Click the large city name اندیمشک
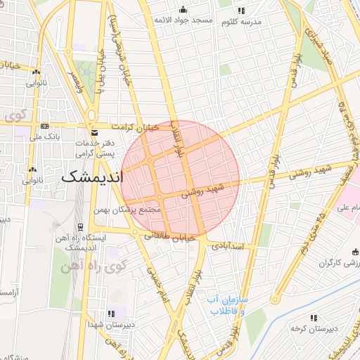(x=91, y=176)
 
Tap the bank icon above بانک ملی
(x=45, y=127)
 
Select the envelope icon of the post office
(x=94, y=133)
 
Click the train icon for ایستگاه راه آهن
(x=80, y=227)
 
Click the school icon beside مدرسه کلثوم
(x=241, y=11)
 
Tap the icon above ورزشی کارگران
(x=354, y=252)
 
